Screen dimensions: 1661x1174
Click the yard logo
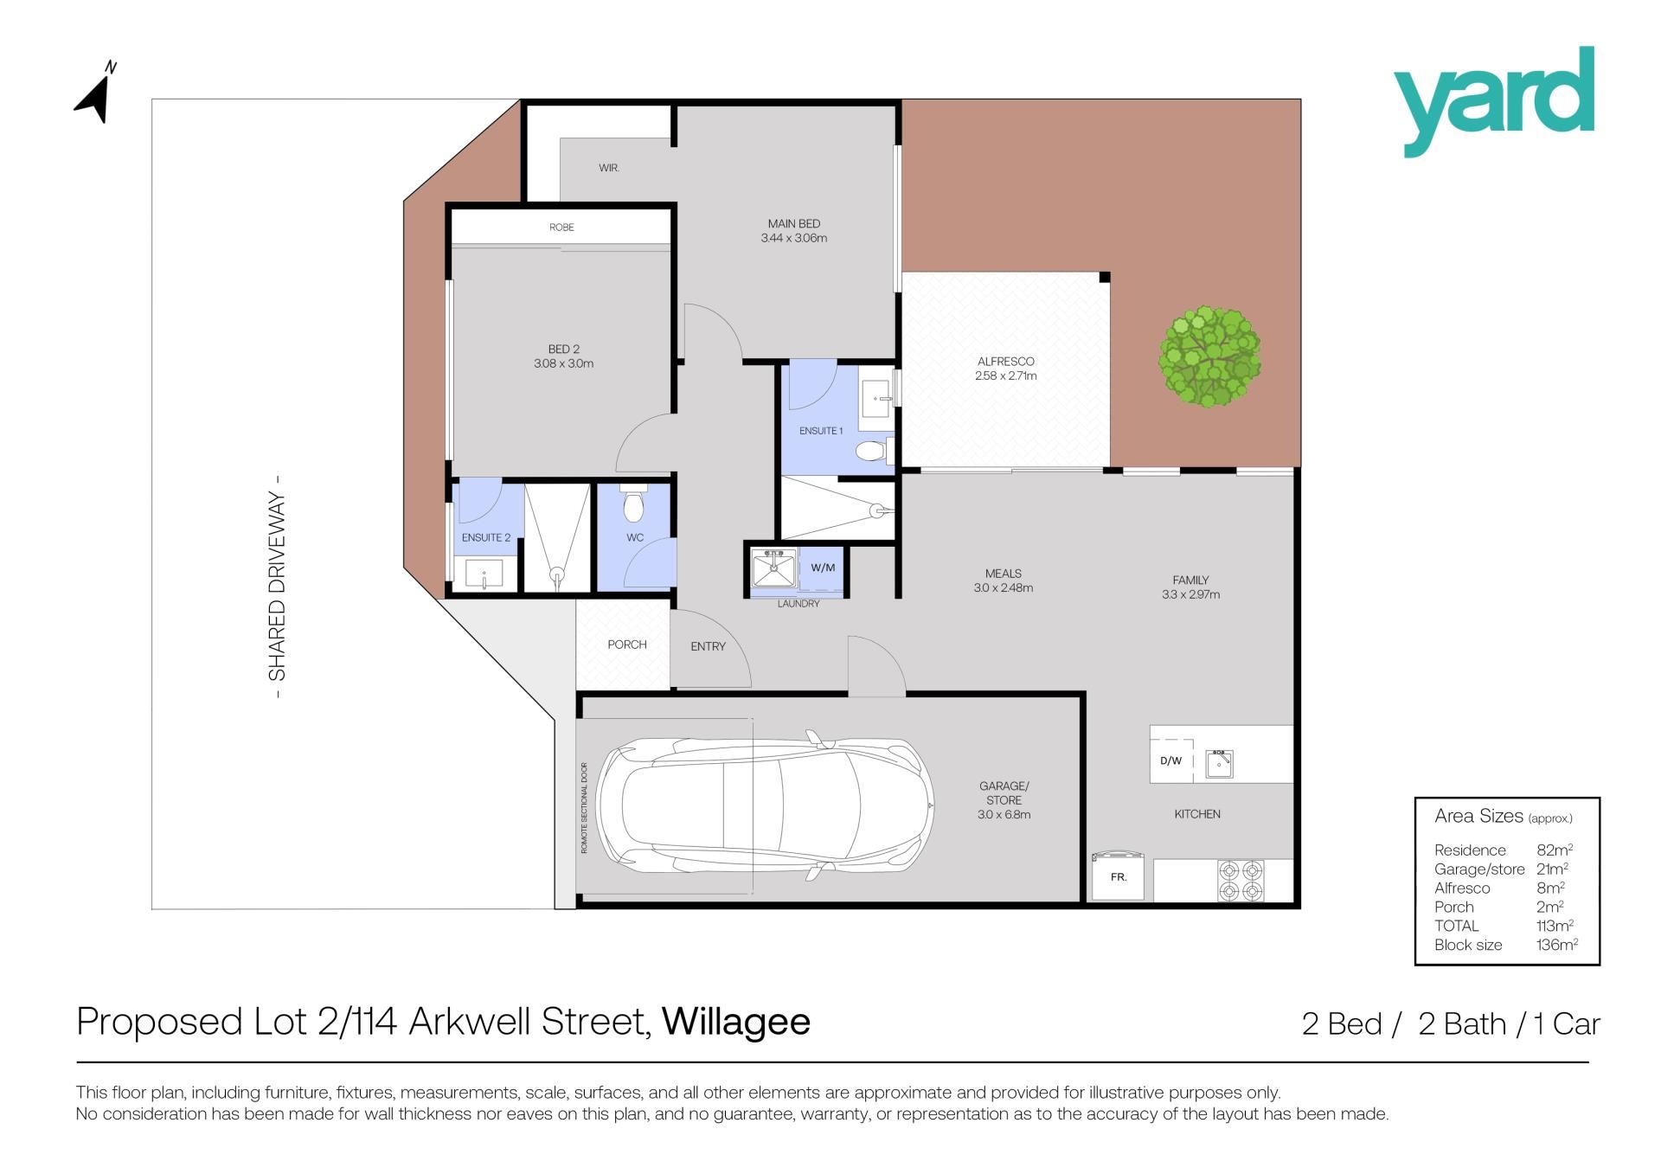(1494, 101)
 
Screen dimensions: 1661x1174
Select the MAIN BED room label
(794, 224)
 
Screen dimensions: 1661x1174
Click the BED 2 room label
(564, 350)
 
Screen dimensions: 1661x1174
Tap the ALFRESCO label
(1005, 362)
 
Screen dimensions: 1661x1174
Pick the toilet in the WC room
(634, 504)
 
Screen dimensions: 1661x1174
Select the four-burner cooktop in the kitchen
(1241, 880)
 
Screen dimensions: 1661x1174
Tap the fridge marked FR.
(1119, 876)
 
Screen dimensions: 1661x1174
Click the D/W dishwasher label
(1170, 761)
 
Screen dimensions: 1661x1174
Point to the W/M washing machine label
(823, 568)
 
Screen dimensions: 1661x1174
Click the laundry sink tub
(773, 568)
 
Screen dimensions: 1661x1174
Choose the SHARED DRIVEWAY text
(277, 587)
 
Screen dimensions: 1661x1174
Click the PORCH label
(627, 645)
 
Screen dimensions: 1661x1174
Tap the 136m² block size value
(1557, 945)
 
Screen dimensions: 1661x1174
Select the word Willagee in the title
(736, 1023)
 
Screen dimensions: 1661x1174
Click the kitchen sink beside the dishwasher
(1219, 763)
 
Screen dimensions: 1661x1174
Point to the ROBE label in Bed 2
(561, 228)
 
